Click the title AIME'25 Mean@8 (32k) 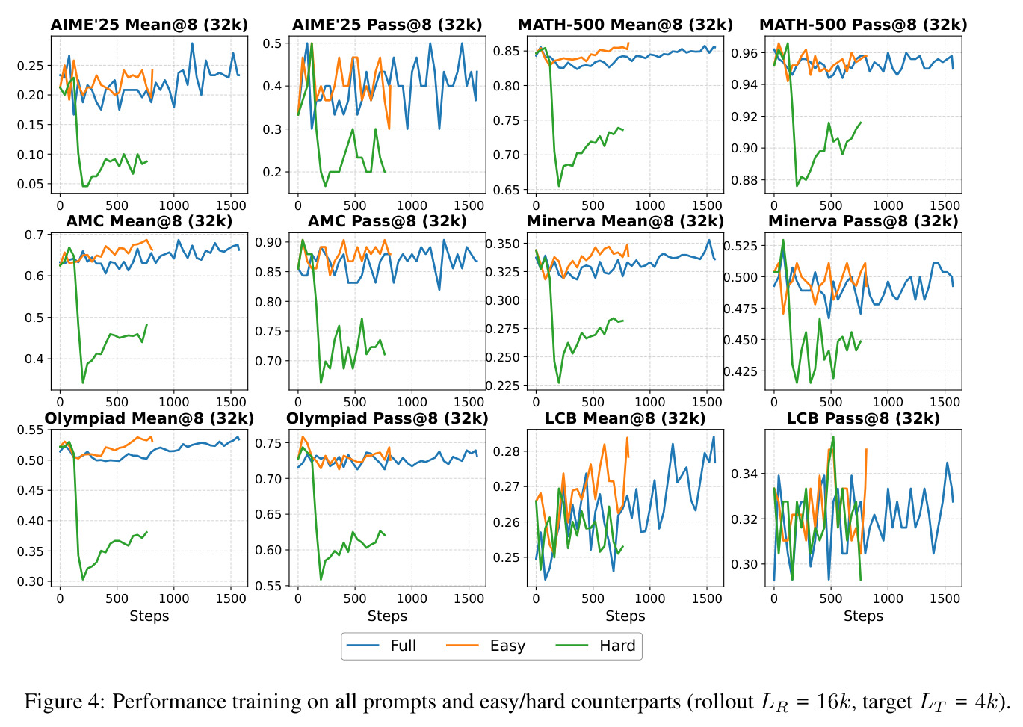[x=149, y=24]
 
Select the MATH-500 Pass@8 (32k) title [x=862, y=24]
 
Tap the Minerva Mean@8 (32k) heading [x=625, y=221]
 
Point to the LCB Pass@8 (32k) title [x=862, y=418]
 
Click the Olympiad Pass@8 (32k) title [x=387, y=418]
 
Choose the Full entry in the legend [x=403, y=646]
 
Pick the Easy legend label [x=507, y=646]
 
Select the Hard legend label [x=617, y=646]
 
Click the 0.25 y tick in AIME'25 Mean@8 [x=31, y=66]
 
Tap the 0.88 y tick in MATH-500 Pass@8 [x=745, y=180]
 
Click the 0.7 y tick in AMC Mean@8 [x=34, y=235]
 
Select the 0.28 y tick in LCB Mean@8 [x=507, y=451]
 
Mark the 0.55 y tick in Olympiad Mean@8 [x=31, y=430]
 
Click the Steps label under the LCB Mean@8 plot [x=625, y=616]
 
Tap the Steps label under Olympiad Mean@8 [x=149, y=616]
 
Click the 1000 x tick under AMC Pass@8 [x=412, y=402]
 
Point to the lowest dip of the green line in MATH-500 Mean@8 [x=559, y=186]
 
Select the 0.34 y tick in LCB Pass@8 [x=745, y=474]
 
